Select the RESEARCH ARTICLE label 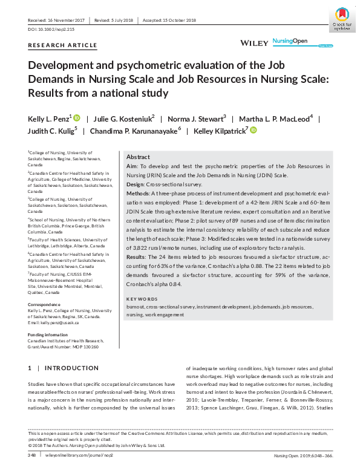pyautogui.click(x=62, y=45)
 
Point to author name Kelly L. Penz pyautogui.click(x=50, y=118)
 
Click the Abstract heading pyautogui.click(x=138, y=156)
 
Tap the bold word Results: pyautogui.click(x=138, y=257)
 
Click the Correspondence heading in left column pyautogui.click(x=44, y=305)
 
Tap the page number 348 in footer pyautogui.click(x=31, y=455)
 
